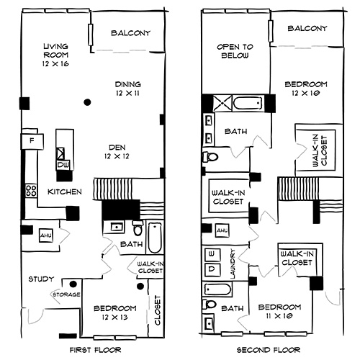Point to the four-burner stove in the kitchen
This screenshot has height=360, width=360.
pyautogui.click(x=31, y=191)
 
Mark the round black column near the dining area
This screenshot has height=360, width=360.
pyautogui.click(x=87, y=101)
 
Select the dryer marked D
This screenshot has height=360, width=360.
pyautogui.click(x=212, y=270)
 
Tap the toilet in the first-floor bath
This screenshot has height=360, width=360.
pyautogui.click(x=137, y=230)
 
